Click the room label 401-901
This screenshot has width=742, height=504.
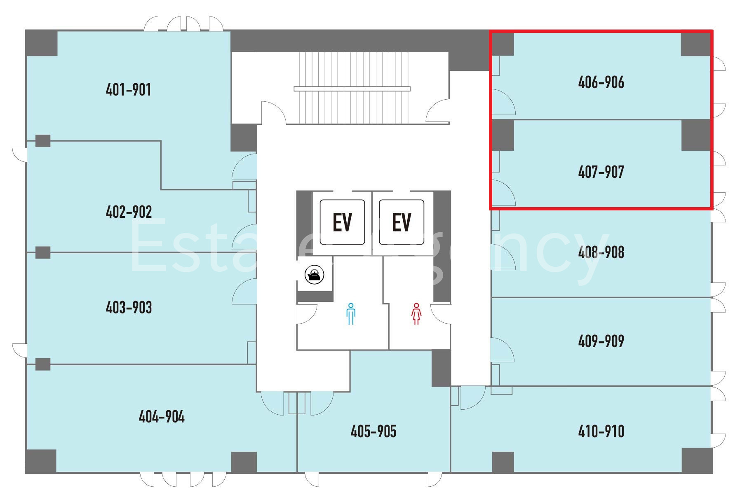point(128,89)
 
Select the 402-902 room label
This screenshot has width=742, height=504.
point(129,212)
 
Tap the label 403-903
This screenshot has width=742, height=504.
point(129,307)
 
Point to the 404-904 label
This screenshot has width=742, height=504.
point(162,417)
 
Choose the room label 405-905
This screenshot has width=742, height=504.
point(373,431)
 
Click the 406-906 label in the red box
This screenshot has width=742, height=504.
point(601,82)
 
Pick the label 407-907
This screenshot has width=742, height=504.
point(601,172)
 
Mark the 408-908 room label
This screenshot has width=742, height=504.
point(601,252)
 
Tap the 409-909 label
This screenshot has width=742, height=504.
point(601,341)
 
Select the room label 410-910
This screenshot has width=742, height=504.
point(601,431)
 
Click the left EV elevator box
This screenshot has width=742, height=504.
point(342,222)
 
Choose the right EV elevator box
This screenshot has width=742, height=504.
point(402,222)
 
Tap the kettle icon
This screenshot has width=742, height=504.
point(315,274)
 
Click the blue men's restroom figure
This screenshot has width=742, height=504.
point(351,314)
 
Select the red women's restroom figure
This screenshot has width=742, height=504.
point(416,314)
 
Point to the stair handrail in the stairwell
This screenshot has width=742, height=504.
point(352,89)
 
